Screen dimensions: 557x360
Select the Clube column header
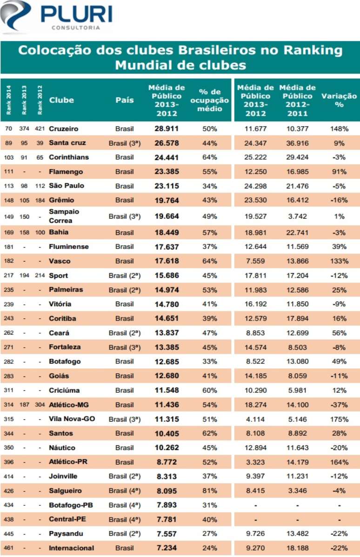61,100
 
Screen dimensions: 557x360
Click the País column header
125,100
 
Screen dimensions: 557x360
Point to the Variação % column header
339,100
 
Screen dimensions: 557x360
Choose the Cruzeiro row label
64,128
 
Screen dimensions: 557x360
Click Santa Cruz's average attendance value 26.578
167,143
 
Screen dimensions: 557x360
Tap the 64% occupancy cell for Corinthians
210,157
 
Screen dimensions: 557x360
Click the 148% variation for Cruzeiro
339,128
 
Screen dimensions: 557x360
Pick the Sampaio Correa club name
64,216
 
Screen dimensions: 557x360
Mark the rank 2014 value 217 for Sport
8,275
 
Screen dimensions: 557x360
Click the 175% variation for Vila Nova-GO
339,419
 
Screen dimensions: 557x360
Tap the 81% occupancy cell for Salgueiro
210,491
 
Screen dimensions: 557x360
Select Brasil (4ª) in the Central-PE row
125,519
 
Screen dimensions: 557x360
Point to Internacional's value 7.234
166,548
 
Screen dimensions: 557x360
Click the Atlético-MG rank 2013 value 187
24,405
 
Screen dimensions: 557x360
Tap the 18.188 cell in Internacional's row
297,548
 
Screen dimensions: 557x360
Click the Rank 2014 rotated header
8,100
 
